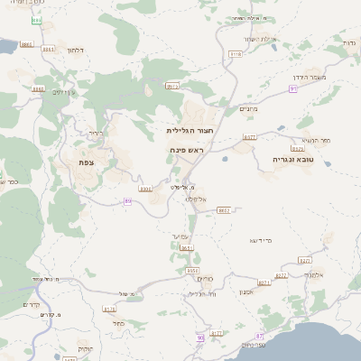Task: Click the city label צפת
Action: click(98, 162)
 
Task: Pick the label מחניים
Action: click(249, 108)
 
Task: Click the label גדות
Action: click(349, 43)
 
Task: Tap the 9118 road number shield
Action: click(236, 54)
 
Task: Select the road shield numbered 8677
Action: click(250, 137)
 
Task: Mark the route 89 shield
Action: click(127, 200)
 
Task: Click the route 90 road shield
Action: click(199, 338)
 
